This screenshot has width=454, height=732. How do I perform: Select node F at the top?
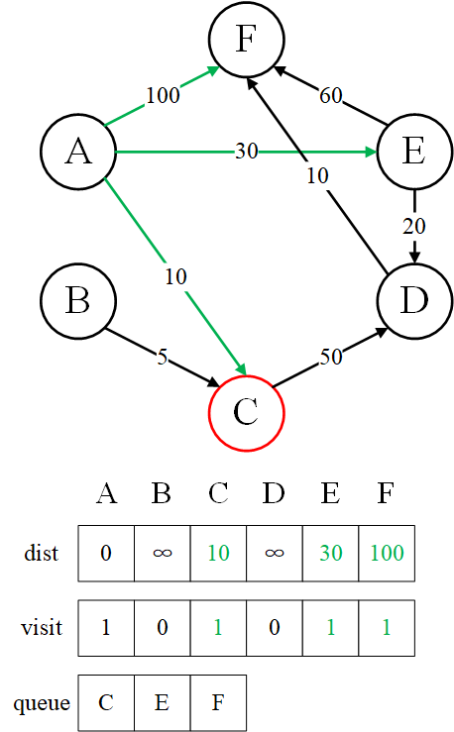point(246,39)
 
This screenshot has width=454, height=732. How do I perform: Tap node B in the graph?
point(78,300)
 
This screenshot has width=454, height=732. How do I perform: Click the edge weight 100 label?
point(163,96)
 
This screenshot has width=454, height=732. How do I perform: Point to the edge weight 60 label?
point(331,96)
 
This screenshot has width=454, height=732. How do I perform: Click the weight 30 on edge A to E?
point(246,152)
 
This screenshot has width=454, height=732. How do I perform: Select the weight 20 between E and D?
point(414,227)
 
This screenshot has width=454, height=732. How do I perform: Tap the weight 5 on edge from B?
point(162,358)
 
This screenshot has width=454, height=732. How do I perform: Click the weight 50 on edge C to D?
point(331,358)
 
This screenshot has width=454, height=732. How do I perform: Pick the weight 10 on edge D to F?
point(317,176)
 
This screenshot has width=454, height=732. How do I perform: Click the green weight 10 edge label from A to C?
point(176,276)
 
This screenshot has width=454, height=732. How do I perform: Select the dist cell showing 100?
point(387,553)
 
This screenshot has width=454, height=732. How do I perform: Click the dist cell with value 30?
point(331,553)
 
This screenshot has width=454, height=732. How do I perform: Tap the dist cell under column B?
point(163,553)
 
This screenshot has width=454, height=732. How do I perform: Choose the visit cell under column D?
point(275,628)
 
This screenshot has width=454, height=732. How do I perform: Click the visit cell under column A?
point(106,628)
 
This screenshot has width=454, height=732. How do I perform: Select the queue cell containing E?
point(163,702)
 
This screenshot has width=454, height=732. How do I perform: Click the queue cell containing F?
point(218,702)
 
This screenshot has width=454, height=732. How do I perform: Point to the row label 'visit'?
point(42,627)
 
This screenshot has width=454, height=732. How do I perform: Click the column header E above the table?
point(330,493)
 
